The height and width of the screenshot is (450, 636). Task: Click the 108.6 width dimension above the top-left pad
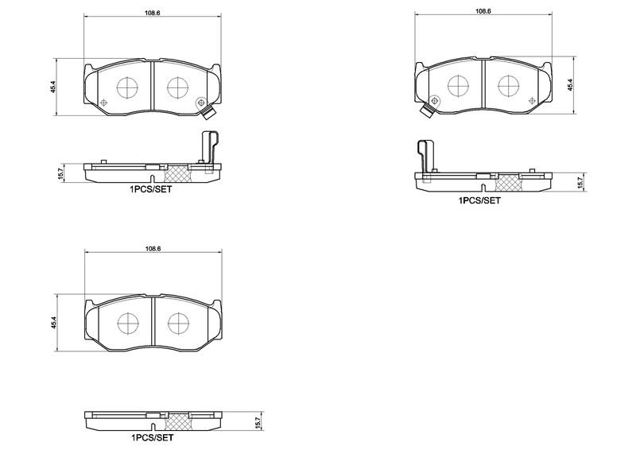click(153, 12)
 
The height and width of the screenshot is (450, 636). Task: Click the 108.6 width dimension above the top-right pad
click(483, 11)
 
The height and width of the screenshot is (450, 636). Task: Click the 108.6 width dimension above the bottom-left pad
click(153, 249)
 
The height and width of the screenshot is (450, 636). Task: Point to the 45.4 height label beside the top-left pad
click(52, 87)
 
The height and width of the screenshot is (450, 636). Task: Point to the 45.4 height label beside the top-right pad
click(569, 86)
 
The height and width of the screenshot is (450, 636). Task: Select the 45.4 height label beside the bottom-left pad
click(52, 323)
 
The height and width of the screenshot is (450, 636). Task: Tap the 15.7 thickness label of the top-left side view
click(61, 173)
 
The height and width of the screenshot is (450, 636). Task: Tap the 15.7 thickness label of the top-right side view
click(580, 182)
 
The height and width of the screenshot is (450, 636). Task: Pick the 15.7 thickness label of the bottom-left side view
click(256, 422)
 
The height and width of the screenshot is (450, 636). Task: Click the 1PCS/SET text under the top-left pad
click(151, 189)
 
